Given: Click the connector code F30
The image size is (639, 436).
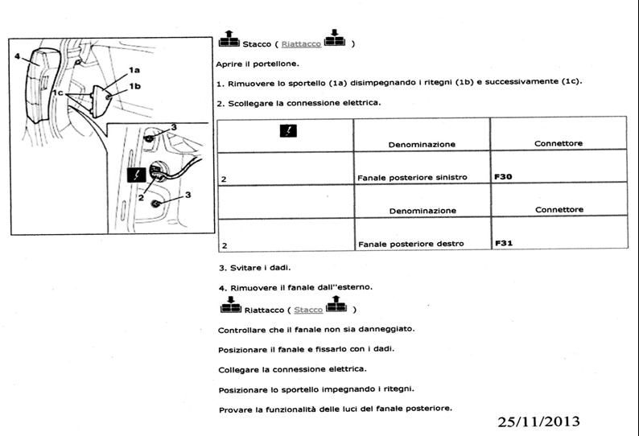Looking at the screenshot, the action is pos(503,177).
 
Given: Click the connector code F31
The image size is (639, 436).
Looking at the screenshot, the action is pos(504,243).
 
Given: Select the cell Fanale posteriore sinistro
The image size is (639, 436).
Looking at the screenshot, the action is pos(412,178).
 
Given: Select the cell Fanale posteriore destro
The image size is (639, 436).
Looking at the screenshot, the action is pos(410,244).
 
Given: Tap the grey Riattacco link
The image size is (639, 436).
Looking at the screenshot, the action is pos(301,44).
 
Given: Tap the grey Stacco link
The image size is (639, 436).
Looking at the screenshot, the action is pos(308,310).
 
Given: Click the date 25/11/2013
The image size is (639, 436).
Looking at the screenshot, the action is pos(538,422).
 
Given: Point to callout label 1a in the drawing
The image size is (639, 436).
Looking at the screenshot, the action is pos(134,70).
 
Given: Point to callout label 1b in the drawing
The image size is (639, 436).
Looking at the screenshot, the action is pos(135,86).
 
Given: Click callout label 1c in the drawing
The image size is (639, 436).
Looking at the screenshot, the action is pos(58,93).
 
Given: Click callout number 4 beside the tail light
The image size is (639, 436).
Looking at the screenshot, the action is pos(17,56).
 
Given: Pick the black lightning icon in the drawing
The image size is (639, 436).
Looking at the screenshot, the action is pos(137,175).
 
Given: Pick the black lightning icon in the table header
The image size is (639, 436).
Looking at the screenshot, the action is pos(288,131).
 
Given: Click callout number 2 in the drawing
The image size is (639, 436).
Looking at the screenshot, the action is pos(141,198).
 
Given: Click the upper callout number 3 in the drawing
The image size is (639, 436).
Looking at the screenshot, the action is pos(174,127).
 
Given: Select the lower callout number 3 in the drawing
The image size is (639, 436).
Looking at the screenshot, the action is pos(188,195).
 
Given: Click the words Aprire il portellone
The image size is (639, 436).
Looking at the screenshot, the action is pos(258,64).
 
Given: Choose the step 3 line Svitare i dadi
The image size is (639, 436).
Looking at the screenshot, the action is pos(254,268).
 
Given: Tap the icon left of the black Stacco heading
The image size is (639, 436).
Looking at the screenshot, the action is pos(229,39).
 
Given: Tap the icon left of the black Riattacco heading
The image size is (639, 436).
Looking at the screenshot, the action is pos(231,305).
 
